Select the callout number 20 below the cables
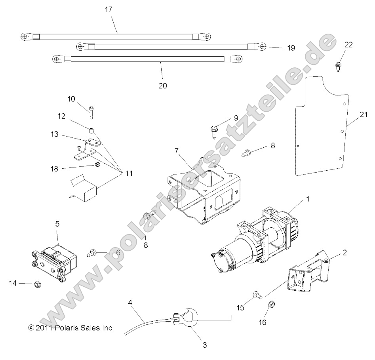tap(163, 86)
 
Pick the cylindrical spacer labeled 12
tap(91, 130)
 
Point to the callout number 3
tap(205, 345)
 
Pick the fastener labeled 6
tap(92, 252)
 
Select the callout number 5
tap(57, 224)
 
